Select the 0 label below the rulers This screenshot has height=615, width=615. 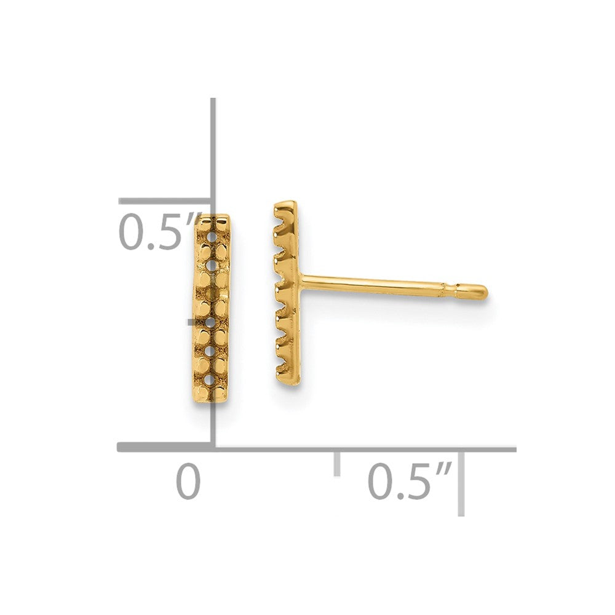click(x=188, y=482)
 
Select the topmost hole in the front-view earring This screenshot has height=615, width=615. click(x=213, y=237)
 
